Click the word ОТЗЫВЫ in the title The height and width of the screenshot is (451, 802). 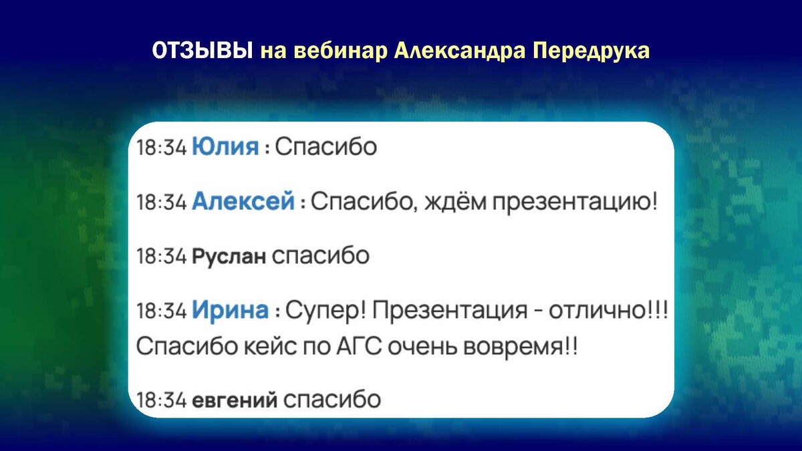tap(203, 51)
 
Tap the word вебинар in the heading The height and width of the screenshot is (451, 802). tap(343, 51)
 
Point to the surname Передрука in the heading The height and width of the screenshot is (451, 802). tap(591, 51)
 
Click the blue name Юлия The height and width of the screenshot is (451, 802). tap(225, 146)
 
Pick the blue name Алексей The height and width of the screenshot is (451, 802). tap(243, 201)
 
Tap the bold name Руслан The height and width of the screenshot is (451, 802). tap(229, 257)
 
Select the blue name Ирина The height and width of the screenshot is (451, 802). tap(230, 309)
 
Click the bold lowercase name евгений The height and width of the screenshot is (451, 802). tap(235, 400)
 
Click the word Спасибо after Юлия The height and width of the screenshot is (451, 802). tap(326, 146)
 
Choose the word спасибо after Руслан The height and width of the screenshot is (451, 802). tap(320, 255)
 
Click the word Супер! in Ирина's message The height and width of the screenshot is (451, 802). tap(326, 310)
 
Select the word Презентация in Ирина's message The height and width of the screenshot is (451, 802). tap(450, 310)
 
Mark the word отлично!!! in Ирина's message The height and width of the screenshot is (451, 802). tap(608, 309)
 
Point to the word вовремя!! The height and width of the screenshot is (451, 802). tap(521, 347)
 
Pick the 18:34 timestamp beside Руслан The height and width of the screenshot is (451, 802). tap(162, 257)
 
